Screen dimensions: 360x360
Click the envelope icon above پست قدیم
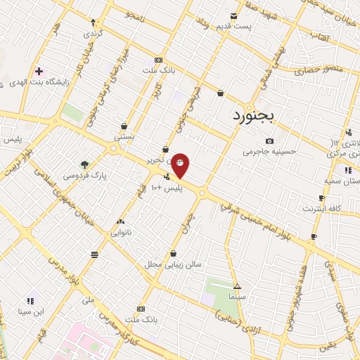(234, 16)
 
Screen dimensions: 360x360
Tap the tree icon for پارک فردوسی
(85, 165)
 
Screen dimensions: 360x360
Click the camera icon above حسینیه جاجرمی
(269, 141)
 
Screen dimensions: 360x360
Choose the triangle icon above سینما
(238, 287)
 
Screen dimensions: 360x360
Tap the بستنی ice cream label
(124, 138)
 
